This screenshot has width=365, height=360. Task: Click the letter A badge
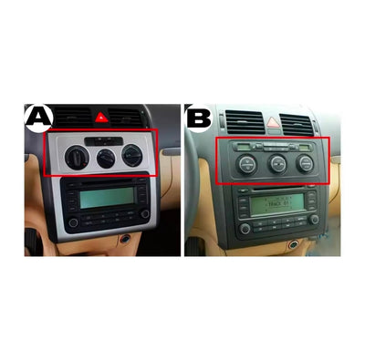click(38, 117)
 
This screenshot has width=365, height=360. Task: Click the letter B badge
click(198, 117)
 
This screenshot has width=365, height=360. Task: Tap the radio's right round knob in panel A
click(143, 213)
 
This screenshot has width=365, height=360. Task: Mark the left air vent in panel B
click(239, 118)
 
